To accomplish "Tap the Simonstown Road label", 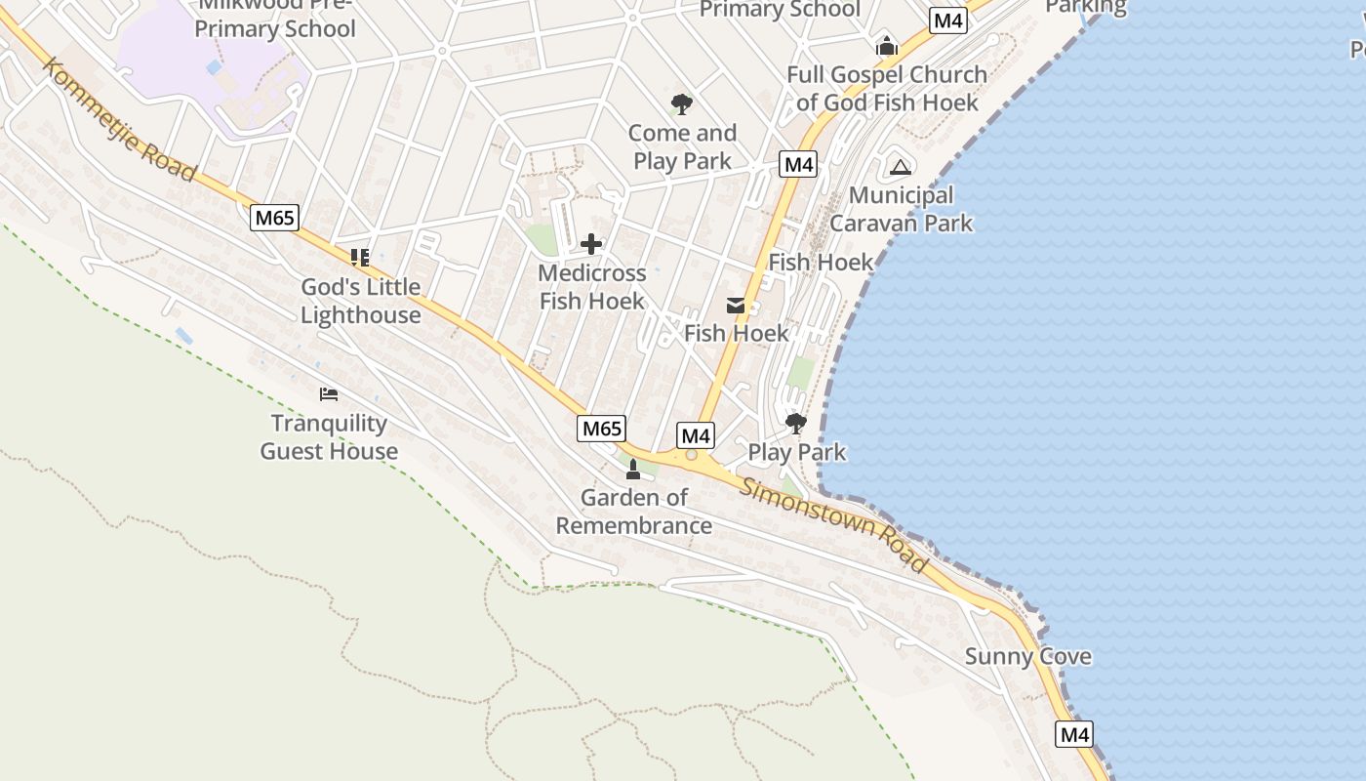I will coord(834,525).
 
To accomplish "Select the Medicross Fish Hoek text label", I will coord(592,287).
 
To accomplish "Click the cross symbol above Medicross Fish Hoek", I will coord(591,244).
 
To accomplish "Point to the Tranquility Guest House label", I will coord(329,437).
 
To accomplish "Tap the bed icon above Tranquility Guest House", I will coord(329,394).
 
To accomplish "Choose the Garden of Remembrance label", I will coord(634,512).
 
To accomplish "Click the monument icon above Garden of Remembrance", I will coord(633,470).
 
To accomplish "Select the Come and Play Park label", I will coord(682,146).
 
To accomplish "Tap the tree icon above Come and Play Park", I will coord(682,104).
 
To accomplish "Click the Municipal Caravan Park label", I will coord(901,209).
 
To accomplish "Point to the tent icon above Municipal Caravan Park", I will coord(900,167).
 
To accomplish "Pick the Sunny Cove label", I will coord(1027,656).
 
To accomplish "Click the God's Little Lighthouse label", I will coord(361,301).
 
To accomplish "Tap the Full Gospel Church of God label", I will coord(887,88).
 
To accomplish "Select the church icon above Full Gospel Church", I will coord(886,46).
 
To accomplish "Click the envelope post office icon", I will coord(736,306).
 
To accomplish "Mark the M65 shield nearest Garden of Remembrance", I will coord(601,428).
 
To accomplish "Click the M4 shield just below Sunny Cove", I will coord(1073,734).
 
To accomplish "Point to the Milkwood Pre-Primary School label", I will coord(275,18).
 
